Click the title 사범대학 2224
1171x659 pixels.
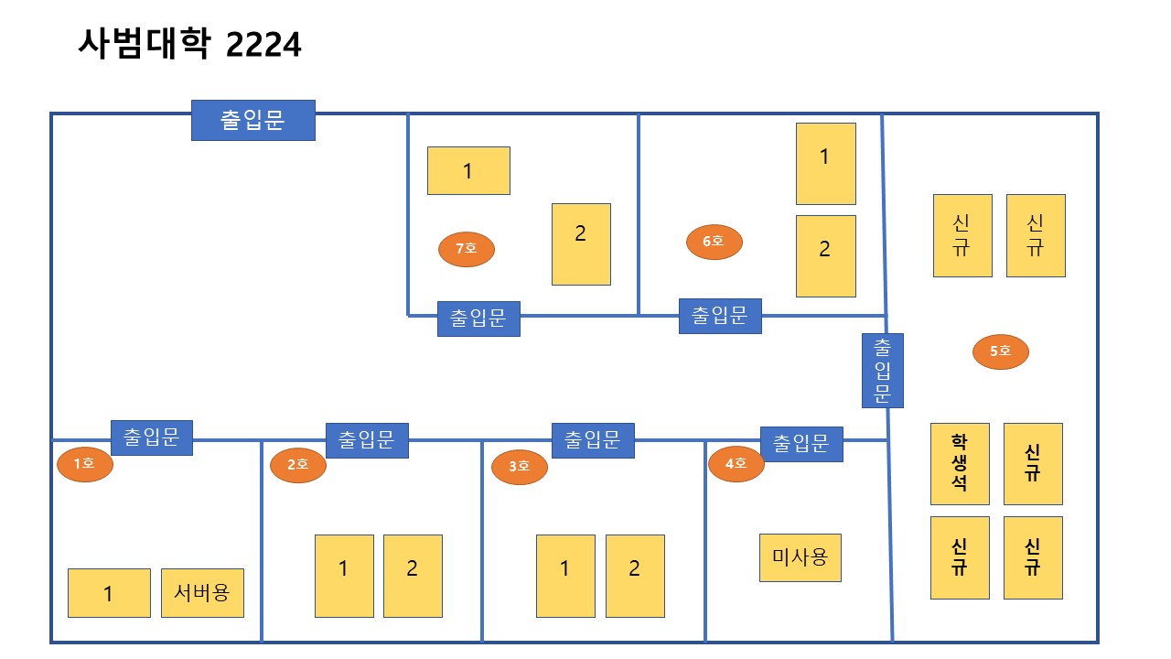coord(189,43)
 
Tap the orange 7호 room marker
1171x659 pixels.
coord(467,248)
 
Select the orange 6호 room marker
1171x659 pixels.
coord(714,242)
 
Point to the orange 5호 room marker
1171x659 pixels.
coord(1001,351)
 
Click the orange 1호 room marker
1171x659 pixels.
coord(84,464)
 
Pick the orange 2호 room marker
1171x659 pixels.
coord(298,465)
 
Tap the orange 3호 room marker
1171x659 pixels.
coord(519,467)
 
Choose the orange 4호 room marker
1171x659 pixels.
coord(736,463)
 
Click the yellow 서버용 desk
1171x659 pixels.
coord(202,592)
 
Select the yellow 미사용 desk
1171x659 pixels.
coord(800,557)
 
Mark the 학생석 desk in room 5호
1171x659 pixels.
coord(960,463)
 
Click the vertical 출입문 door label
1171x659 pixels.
coord(883,370)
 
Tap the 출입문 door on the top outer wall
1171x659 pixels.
coord(253,120)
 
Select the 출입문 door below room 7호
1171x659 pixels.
coord(478,319)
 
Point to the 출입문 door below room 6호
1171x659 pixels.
coord(720,316)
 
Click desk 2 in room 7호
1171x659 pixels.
coord(581,243)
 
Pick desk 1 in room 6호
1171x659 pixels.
coord(825,163)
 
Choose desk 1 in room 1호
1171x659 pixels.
coord(109,593)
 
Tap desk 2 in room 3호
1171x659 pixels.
coord(635,576)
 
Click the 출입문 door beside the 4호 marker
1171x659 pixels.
coord(801,444)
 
